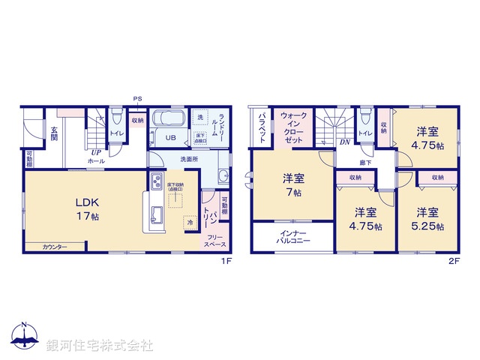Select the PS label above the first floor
(136, 99)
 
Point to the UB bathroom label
(170, 138)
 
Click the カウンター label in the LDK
(55, 247)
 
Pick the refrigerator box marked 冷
(190, 222)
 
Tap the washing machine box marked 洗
(199, 118)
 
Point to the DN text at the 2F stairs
(344, 142)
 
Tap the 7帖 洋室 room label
(293, 185)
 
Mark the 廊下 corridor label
(364, 161)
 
